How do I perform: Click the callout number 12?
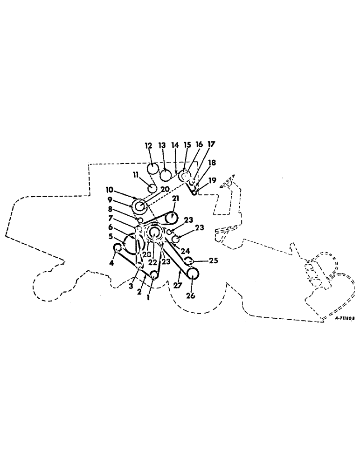[x=149, y=146]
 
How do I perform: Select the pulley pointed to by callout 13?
[x=166, y=175]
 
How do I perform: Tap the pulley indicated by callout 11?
[x=152, y=187]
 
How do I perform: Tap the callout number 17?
[x=212, y=144]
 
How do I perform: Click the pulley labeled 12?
[x=152, y=168]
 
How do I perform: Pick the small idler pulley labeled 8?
[x=139, y=219]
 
